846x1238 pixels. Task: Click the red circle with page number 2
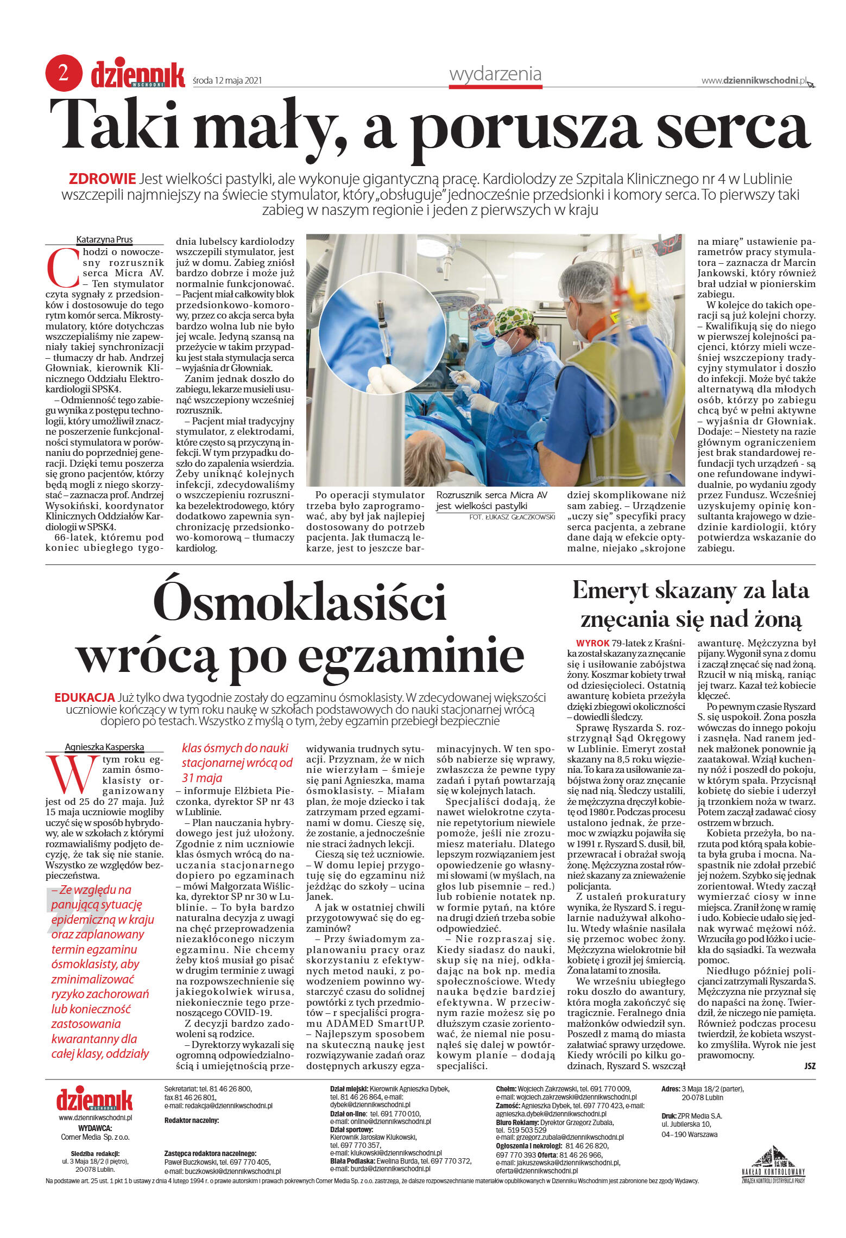[64, 73]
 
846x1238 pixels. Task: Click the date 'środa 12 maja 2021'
[228, 80]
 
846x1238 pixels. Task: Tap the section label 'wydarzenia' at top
[495, 74]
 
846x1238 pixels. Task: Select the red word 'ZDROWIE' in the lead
[102, 179]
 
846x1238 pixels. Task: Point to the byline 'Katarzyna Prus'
[104, 239]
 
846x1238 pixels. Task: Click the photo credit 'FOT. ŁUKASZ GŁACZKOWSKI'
[512, 517]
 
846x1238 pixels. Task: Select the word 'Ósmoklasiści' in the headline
[300, 602]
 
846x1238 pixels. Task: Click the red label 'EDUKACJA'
[84, 697]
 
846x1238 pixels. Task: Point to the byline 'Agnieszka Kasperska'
[104, 747]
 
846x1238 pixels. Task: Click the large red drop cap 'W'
[73, 774]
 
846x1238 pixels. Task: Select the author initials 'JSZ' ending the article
[809, 1066]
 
